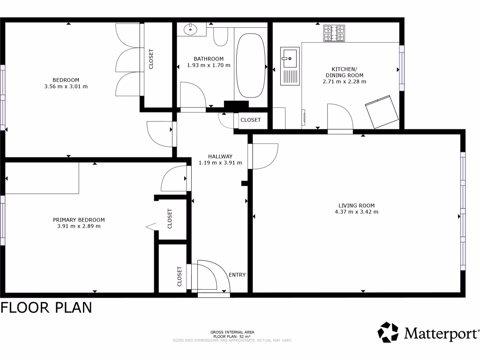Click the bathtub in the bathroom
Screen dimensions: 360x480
[x=250, y=65]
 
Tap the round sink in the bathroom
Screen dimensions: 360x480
[x=191, y=29]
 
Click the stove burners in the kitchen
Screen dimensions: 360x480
[x=334, y=33]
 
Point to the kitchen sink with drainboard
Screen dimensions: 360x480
[x=290, y=66]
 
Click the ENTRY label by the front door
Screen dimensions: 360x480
[x=237, y=275]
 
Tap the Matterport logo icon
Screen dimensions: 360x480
[x=388, y=332]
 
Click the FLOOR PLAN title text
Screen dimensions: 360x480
[x=46, y=308]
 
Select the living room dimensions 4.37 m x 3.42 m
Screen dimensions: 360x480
[x=356, y=212]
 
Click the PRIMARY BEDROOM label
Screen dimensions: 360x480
[x=79, y=220]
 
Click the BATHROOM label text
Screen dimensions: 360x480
[x=209, y=59]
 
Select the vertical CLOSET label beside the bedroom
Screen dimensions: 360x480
[x=151, y=59]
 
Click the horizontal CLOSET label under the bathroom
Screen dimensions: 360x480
[x=250, y=120]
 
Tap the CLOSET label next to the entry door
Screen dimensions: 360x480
[x=180, y=276]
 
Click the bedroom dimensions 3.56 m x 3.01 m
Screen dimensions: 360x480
[x=66, y=87]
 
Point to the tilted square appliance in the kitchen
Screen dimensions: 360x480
[x=382, y=112]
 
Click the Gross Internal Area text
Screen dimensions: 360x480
[x=232, y=332]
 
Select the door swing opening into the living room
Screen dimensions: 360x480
[x=264, y=156]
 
